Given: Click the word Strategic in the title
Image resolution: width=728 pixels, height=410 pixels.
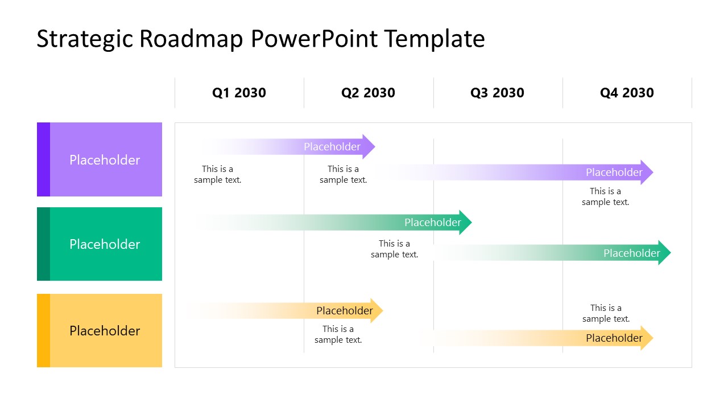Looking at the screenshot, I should [x=84, y=39].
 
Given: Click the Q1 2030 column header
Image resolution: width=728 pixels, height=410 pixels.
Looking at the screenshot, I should [x=239, y=93].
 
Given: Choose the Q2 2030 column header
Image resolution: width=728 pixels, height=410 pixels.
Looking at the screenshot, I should [x=368, y=93].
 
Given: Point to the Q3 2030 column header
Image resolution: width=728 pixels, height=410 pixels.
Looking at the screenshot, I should [x=497, y=93].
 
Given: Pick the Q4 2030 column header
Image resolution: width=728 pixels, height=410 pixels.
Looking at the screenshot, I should [x=627, y=93].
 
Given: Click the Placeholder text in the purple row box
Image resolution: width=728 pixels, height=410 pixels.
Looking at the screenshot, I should [x=105, y=160].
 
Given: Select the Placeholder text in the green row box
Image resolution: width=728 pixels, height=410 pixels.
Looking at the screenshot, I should [x=105, y=244].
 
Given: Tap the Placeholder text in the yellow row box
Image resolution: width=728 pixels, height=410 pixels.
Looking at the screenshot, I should [x=105, y=331].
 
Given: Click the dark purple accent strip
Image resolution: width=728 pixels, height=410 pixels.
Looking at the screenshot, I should [x=43, y=159].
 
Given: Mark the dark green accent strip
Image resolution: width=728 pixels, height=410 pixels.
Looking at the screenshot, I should [x=43, y=244].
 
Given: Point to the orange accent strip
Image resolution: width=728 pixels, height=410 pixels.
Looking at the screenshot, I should [x=43, y=330].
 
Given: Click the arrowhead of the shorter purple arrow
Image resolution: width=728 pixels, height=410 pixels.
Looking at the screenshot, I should [x=369, y=147].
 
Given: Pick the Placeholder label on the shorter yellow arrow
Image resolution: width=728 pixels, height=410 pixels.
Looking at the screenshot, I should [x=344, y=311].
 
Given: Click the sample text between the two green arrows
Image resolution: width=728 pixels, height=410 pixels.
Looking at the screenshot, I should [x=394, y=249].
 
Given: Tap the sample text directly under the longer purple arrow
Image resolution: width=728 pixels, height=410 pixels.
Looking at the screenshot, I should [x=605, y=196].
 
